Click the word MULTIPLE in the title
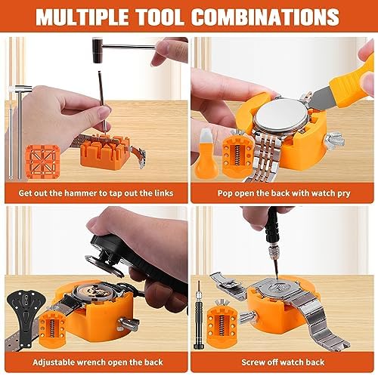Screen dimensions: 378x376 82,17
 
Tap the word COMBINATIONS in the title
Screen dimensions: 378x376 265,17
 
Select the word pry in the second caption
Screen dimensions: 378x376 344,194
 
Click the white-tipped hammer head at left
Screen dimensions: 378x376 21,89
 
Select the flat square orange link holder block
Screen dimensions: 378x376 42,162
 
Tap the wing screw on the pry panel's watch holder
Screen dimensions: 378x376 333,140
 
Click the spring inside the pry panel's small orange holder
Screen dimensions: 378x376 237,156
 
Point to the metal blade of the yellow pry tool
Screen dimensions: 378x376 321,99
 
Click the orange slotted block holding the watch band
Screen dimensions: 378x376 105,153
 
